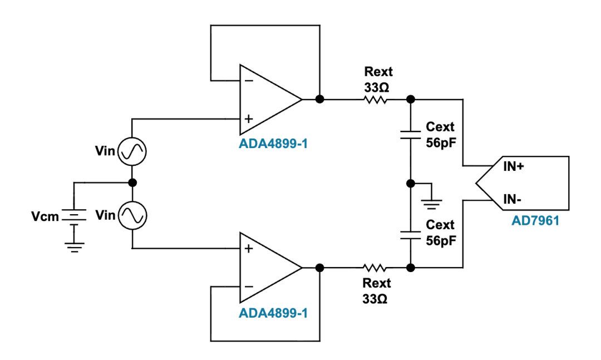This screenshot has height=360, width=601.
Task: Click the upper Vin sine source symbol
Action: (132, 151)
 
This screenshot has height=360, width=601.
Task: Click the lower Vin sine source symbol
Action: (132, 215)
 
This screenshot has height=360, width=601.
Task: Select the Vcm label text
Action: (45, 216)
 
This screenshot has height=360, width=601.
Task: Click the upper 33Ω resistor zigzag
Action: (375, 100)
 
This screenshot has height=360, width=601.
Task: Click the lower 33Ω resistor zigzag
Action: (375, 268)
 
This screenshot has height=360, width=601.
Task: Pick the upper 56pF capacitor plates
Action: (411, 134)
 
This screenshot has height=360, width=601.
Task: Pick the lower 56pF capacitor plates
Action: (411, 235)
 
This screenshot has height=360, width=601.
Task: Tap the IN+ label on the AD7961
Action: (513, 166)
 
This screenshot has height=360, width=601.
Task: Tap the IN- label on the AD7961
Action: (512, 199)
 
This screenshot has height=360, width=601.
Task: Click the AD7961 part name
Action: (535, 221)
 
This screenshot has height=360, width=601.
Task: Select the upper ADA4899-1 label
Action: (273, 144)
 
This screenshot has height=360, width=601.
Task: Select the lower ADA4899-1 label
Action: (273, 313)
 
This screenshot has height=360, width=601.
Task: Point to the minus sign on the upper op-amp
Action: (249, 81)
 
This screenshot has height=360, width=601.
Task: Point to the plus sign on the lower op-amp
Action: (249, 249)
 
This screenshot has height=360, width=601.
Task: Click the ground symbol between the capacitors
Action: (432, 204)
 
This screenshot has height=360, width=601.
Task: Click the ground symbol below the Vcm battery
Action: (75, 247)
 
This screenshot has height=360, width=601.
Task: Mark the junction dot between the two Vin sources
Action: (132, 183)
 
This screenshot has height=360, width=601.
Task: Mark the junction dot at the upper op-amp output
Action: (319, 99)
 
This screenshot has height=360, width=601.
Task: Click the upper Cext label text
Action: (440, 127)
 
